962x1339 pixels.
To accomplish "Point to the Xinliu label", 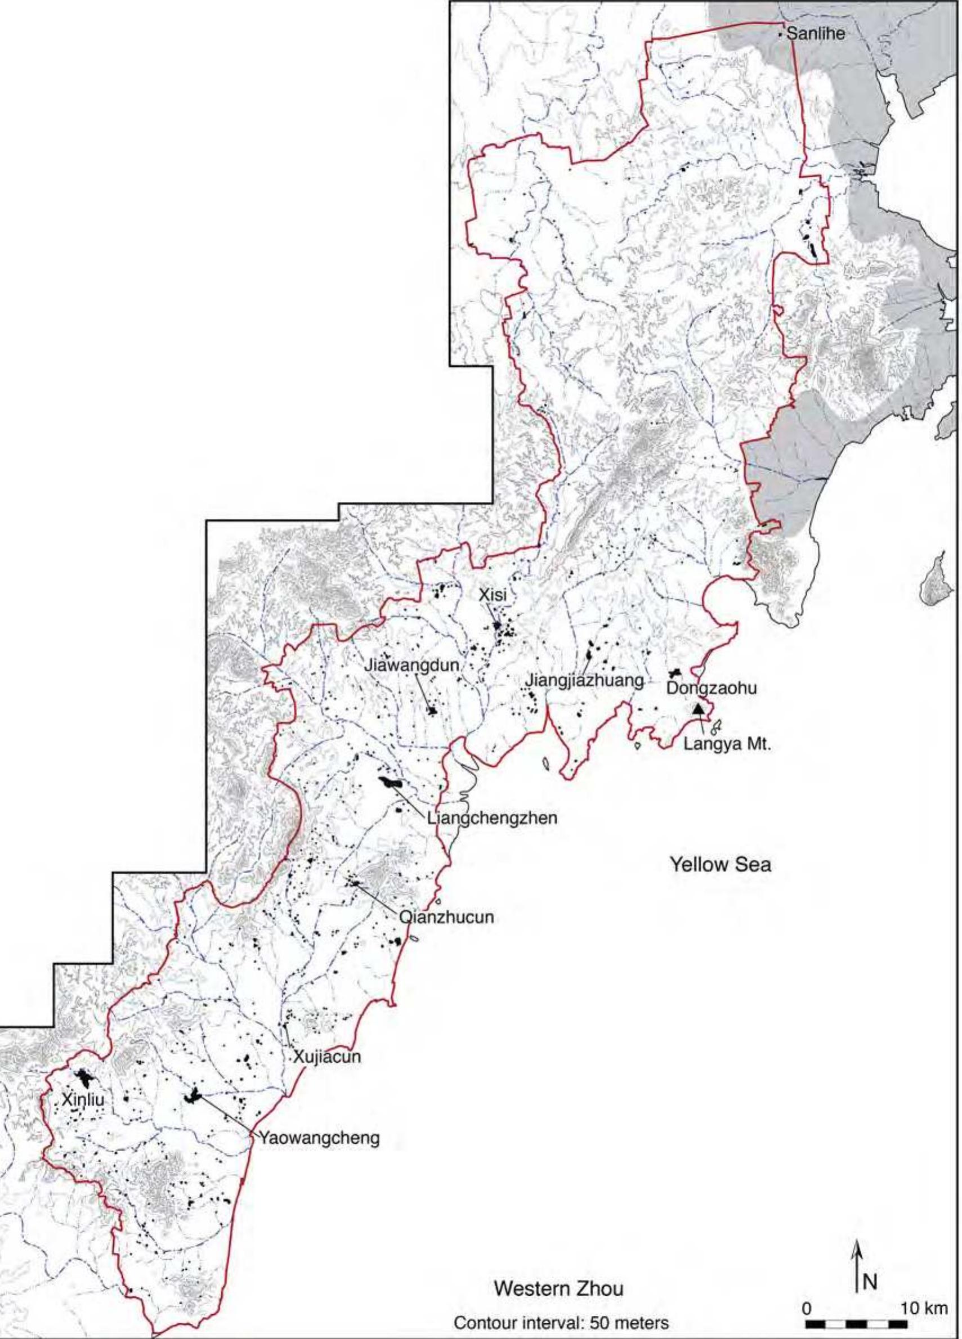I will point(83,1100).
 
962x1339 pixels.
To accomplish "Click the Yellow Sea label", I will point(721,865).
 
